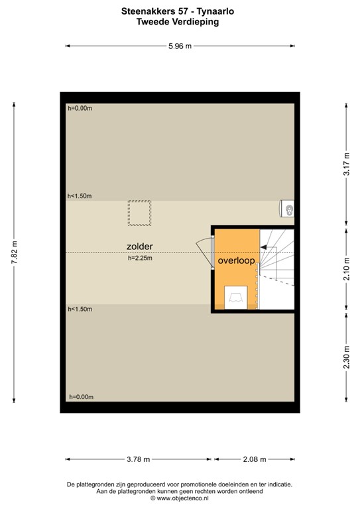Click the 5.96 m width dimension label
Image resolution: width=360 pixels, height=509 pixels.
[180, 46]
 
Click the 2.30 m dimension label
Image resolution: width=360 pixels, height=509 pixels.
[345, 359]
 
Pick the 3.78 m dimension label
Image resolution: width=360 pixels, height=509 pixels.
[138, 459]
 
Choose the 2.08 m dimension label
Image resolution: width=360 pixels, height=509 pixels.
[254, 459]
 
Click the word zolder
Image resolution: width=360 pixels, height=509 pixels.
[140, 246]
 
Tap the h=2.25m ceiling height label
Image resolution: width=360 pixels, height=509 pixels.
[140, 258]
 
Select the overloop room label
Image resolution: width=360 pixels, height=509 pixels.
[235, 261]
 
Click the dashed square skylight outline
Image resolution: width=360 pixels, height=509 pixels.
[139, 213]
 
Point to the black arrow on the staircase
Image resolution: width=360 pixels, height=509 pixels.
[268, 247]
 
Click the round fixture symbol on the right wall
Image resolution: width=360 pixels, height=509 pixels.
[288, 209]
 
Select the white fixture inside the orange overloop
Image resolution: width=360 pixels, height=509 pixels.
[236, 297]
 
